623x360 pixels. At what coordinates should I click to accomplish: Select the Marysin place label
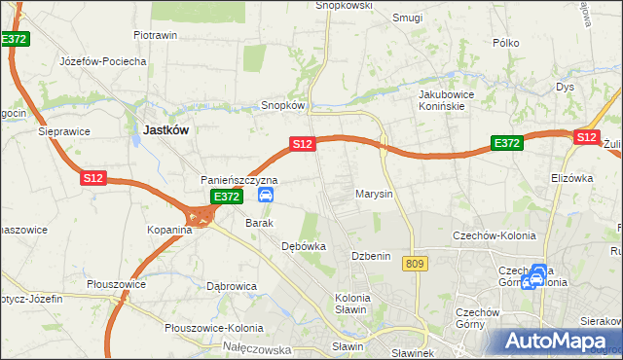374,194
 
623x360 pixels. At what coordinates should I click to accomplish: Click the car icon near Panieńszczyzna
265,196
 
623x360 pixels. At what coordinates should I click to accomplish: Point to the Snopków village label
283,105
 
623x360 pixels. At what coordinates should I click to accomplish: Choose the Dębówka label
303,247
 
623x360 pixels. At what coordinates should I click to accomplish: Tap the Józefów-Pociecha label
102,61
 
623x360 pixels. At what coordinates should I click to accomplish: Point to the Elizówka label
571,179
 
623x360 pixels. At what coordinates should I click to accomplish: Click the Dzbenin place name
371,255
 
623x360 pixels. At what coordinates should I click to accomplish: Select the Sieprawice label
63,129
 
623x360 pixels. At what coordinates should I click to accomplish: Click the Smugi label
406,18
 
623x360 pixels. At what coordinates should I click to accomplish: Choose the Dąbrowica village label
232,287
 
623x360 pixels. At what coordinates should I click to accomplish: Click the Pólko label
506,43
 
